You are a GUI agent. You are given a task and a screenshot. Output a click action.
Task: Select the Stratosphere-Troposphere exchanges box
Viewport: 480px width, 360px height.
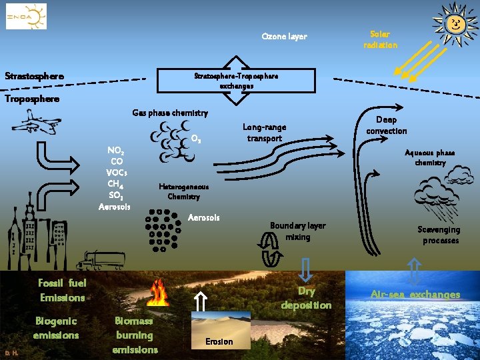tap(235, 81)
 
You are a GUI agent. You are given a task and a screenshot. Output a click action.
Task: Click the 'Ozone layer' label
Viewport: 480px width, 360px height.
tap(284, 36)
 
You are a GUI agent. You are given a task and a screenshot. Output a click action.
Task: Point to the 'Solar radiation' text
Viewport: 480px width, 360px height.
tap(380, 39)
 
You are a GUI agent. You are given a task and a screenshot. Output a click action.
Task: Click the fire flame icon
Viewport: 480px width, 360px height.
tap(159, 293)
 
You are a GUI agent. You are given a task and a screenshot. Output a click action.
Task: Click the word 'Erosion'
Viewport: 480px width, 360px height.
tap(219, 341)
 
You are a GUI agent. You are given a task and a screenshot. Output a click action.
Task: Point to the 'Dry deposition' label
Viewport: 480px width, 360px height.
tap(306, 298)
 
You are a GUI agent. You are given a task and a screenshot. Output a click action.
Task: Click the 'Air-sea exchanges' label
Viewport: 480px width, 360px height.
tap(415, 294)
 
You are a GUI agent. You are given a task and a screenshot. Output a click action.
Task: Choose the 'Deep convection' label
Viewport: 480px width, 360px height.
tap(387, 125)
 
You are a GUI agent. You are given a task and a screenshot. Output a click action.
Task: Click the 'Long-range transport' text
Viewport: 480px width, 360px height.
tap(265, 132)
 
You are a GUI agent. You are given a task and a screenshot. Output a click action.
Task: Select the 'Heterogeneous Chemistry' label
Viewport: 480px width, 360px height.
tap(183, 191)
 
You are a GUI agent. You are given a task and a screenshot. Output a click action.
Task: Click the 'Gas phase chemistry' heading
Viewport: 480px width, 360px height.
tap(170, 113)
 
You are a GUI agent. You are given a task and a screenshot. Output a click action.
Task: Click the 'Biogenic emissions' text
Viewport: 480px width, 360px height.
tap(56, 328)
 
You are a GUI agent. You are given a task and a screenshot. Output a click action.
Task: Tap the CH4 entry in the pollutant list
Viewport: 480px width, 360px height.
tap(116, 183)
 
